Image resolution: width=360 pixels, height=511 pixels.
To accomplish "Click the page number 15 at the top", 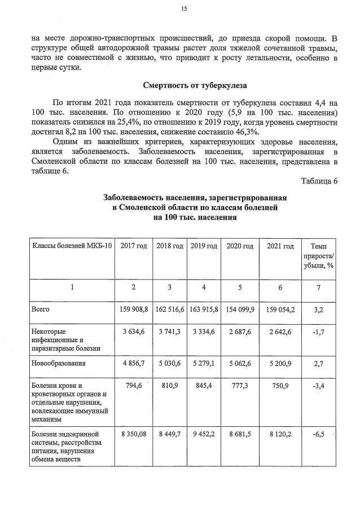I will [x=183, y=8].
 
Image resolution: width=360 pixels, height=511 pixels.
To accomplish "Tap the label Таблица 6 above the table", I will [x=319, y=181].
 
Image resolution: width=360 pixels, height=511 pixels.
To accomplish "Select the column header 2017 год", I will [x=134, y=247].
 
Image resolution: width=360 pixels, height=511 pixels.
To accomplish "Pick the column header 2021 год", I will [x=280, y=247].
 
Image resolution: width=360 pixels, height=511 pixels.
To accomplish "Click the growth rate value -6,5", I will [x=318, y=436].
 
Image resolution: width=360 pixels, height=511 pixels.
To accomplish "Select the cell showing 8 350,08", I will [x=134, y=436].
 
